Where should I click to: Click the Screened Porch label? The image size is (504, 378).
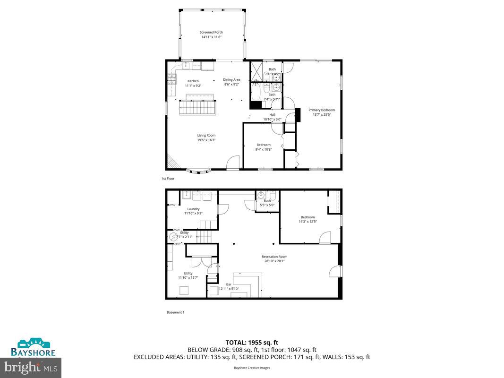coord(211,32)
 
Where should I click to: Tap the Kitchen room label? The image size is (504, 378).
coord(193,81)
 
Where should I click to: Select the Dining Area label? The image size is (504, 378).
coord(231,79)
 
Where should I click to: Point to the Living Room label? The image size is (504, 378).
coord(206,135)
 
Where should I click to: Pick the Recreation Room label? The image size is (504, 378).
coord(274,257)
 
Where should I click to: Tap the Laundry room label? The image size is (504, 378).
coord(193,209)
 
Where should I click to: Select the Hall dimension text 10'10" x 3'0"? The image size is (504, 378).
coord(272,119)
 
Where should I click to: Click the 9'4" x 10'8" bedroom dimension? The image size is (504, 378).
coord(264,149)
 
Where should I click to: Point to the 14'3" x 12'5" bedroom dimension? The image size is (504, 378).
coord(308,221)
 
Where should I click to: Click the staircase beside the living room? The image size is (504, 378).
coord(197,109)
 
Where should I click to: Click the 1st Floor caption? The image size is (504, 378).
coord(168,179)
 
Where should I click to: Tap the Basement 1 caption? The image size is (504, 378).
coord(175,312)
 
